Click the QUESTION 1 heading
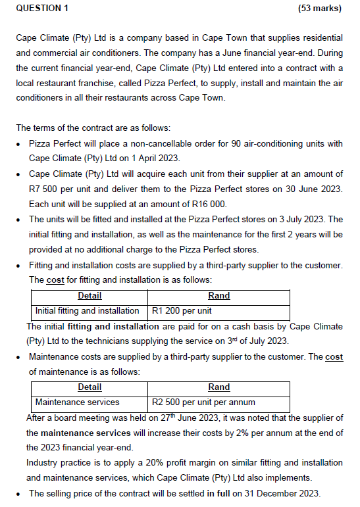click(x=42, y=9)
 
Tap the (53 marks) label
click(x=319, y=9)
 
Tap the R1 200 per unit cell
click(x=182, y=310)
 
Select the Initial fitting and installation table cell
click(x=87, y=310)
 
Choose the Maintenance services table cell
click(x=77, y=401)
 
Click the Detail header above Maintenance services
click(x=90, y=387)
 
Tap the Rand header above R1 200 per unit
click(x=219, y=296)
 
